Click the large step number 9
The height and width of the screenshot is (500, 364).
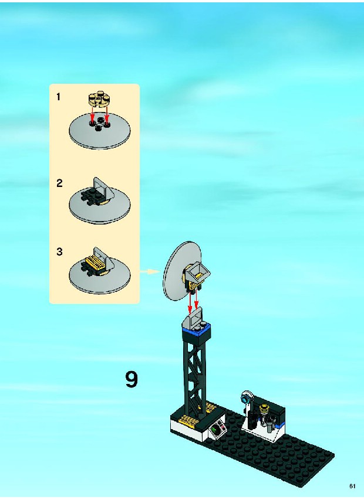tap(132, 379)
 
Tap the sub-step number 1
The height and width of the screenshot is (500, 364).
tap(58, 97)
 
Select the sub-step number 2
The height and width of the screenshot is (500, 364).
tap(59, 183)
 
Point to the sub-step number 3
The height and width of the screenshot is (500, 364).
tap(59, 251)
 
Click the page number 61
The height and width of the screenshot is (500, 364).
tap(352, 487)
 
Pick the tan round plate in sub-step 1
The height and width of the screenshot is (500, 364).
tap(99, 99)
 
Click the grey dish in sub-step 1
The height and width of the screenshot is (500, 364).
tap(100, 131)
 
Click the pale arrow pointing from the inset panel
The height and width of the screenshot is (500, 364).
tap(150, 271)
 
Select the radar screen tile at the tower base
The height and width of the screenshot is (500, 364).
tap(217, 429)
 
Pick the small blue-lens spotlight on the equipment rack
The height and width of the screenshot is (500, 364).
tap(247, 397)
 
